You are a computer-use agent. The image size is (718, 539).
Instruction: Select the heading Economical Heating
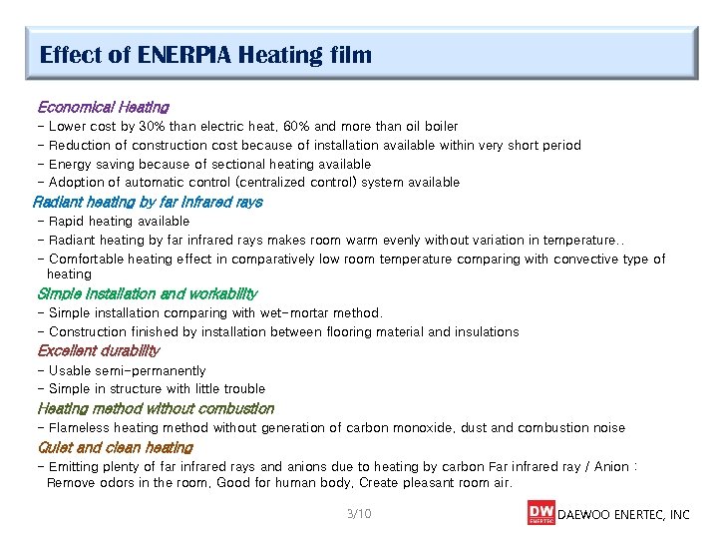(x=103, y=107)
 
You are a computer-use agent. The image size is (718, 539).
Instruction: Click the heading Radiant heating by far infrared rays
(x=148, y=202)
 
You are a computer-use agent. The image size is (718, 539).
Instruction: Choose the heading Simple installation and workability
(x=147, y=294)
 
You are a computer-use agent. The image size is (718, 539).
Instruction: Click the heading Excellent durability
(x=98, y=351)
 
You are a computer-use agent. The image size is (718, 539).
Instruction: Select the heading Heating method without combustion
(x=155, y=409)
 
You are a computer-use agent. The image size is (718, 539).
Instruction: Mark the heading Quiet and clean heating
(x=115, y=448)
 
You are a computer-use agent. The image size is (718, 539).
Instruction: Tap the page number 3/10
(x=358, y=514)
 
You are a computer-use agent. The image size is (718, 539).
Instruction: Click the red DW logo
(x=540, y=513)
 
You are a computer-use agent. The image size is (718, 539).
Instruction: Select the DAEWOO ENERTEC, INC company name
(x=623, y=515)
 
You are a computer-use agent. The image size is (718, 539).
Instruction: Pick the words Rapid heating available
(x=119, y=222)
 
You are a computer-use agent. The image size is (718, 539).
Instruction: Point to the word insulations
(x=486, y=332)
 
